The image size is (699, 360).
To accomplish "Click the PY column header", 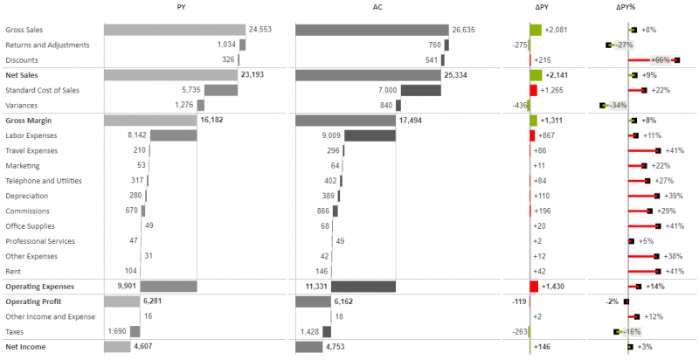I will (x=180, y=8).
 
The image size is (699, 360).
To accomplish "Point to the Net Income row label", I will (x=26, y=347).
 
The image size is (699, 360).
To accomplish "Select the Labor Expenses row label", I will (x=32, y=135).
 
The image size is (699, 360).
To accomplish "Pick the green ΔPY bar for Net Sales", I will (x=536, y=75).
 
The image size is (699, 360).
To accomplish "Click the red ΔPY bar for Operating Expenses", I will (x=534, y=286).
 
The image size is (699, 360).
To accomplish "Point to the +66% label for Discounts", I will (x=661, y=60).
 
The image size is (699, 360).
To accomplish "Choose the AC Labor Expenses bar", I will (x=368, y=135).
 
